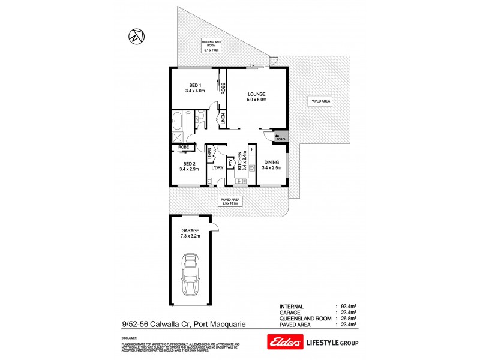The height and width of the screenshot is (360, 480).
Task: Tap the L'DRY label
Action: pyautogui.click(x=217, y=167)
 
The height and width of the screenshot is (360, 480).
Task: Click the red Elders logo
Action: pyautogui.click(x=283, y=341)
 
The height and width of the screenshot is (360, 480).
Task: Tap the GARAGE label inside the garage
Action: pyautogui.click(x=190, y=230)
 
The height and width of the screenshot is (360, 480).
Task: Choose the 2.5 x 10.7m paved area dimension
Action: pyautogui.click(x=230, y=204)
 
